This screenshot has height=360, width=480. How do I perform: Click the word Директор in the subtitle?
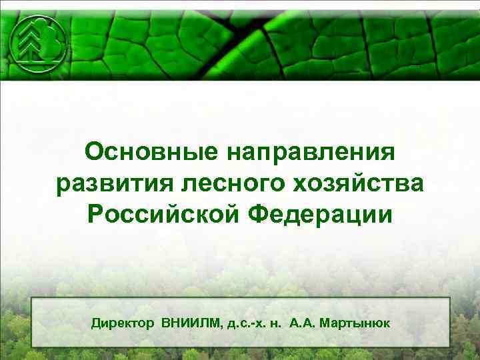[x=124, y=323]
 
